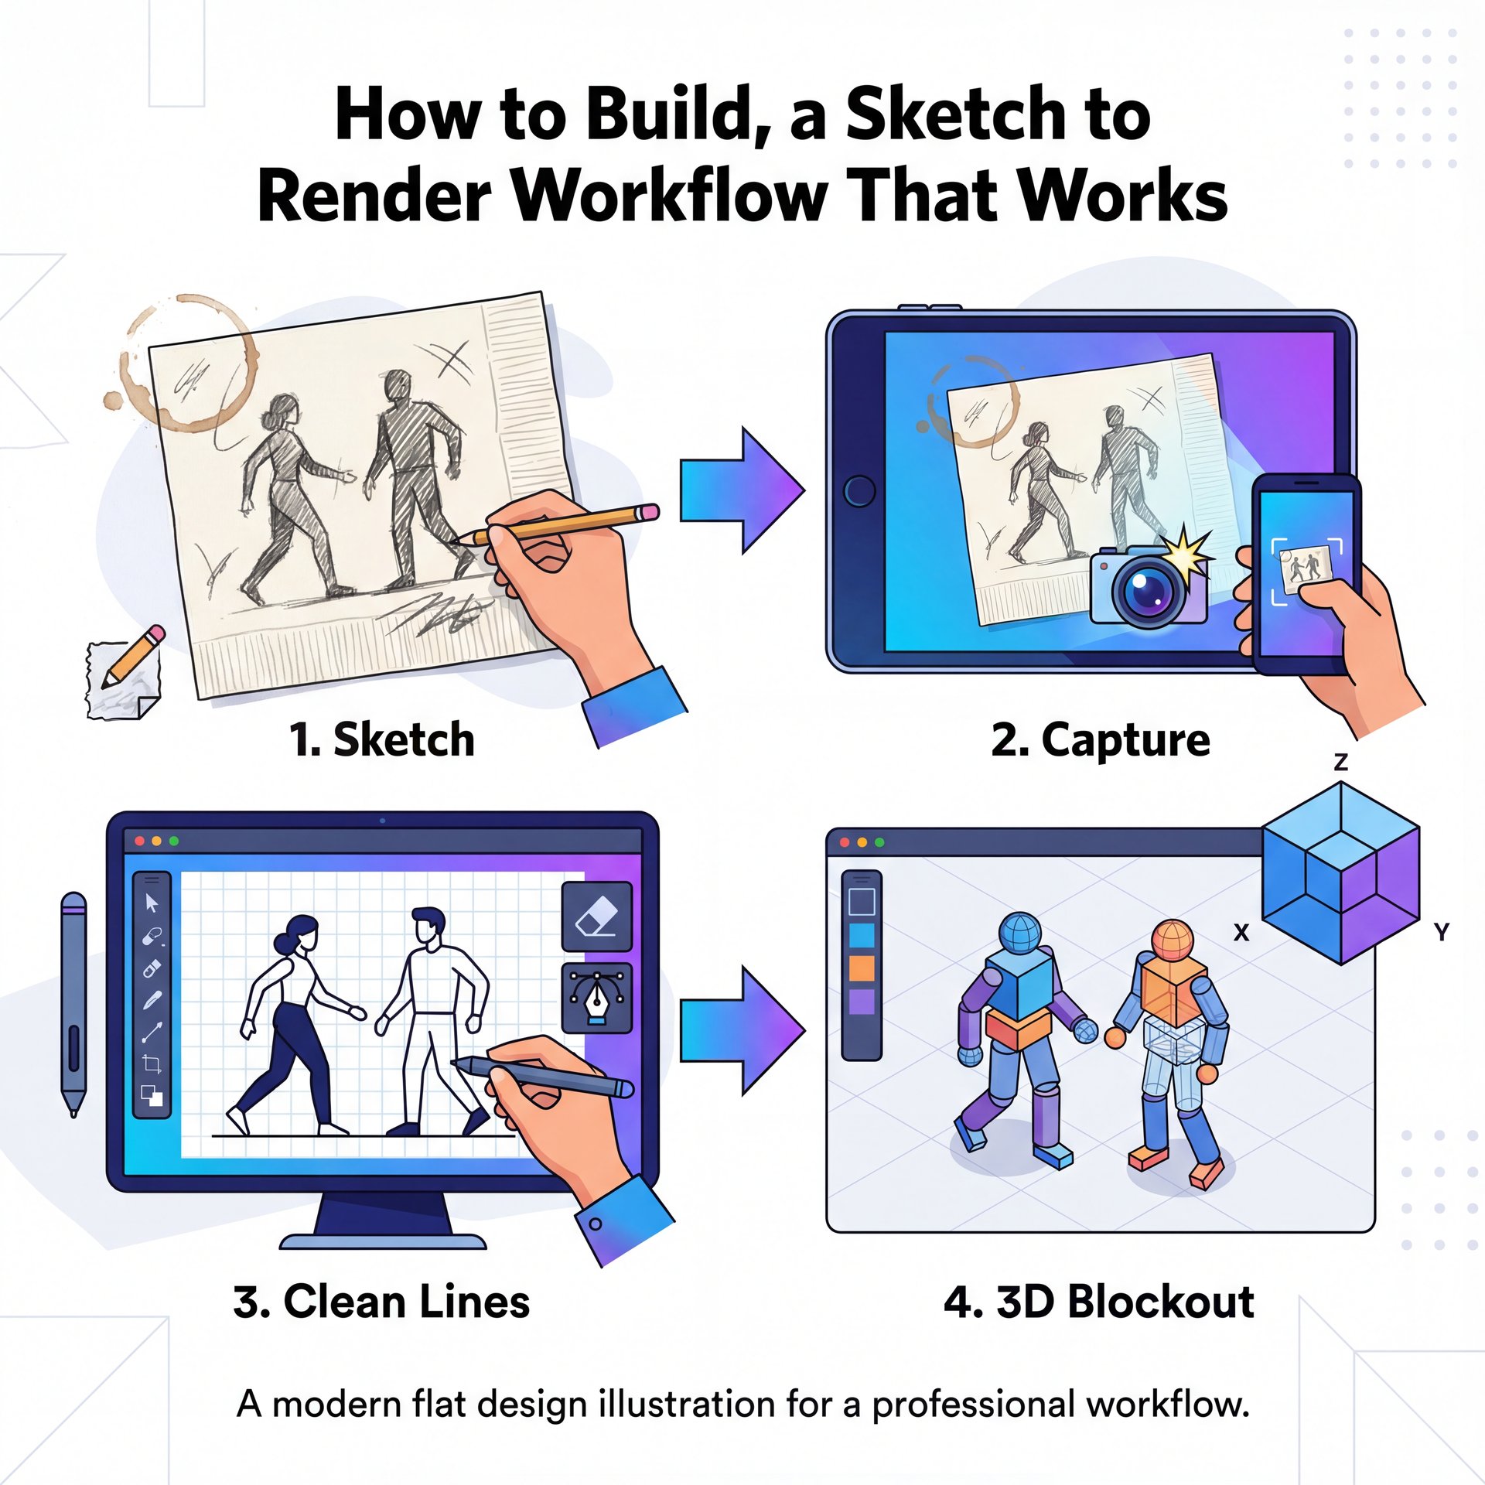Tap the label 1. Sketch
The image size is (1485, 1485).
pos(381,739)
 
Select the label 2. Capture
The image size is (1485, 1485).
pos(1100,739)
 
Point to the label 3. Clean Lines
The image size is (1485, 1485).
pos(381,1302)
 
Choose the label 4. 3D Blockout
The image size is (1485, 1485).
pos(1098,1302)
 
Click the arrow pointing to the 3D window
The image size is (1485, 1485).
pos(742,1029)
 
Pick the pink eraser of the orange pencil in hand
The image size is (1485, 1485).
pos(648,512)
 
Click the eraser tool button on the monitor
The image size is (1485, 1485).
pos(596,917)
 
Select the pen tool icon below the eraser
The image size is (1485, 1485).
pos(596,998)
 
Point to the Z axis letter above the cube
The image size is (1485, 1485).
pos(1341,763)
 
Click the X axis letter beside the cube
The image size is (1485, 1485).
pos(1241,933)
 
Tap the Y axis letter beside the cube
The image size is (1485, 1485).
pos(1441,932)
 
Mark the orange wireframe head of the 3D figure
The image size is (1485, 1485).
pos(1173,939)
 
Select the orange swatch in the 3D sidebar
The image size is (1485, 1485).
pos(862,968)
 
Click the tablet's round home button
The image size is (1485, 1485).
pos(859,490)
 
